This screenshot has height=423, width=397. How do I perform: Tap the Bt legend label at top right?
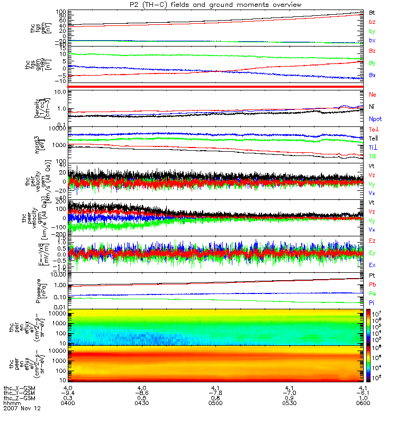(372, 12)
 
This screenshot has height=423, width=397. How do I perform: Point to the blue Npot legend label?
(375, 119)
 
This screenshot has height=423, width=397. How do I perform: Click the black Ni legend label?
(372, 106)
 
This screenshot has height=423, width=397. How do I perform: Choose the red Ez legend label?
(372, 241)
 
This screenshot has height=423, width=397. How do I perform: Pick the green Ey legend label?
(372, 253)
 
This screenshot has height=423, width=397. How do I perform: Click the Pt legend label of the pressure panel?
(372, 275)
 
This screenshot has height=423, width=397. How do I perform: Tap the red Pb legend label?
(372, 284)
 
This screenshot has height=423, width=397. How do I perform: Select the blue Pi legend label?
(372, 302)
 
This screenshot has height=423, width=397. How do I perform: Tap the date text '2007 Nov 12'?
(22, 409)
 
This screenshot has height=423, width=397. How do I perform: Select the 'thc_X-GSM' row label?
(19, 387)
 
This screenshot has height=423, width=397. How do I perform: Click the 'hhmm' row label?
(11, 403)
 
